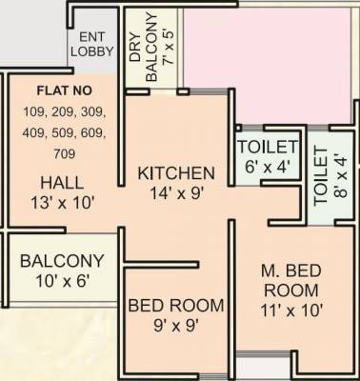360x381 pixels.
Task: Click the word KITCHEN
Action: (176, 173)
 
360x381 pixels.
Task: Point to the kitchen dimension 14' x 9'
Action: (176, 192)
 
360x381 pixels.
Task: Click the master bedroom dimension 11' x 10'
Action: (292, 310)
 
